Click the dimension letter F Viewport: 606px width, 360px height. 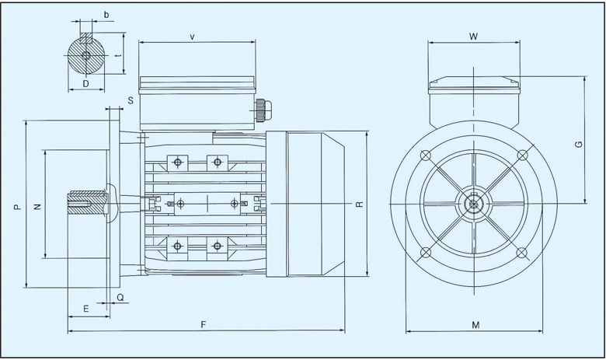(x=203, y=323)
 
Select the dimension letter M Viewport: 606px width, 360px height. (x=475, y=323)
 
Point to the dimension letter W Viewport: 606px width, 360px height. (x=473, y=36)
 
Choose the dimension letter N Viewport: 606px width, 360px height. (x=37, y=206)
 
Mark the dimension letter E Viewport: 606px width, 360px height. (x=85, y=309)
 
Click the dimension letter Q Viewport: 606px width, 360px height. (x=120, y=297)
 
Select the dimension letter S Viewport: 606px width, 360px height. (x=131, y=100)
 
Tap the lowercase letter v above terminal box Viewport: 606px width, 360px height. (x=192, y=36)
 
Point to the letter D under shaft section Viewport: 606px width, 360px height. (x=85, y=82)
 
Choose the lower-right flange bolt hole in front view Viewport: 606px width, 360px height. (x=522, y=253)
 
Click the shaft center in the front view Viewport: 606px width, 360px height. (x=473, y=204)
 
